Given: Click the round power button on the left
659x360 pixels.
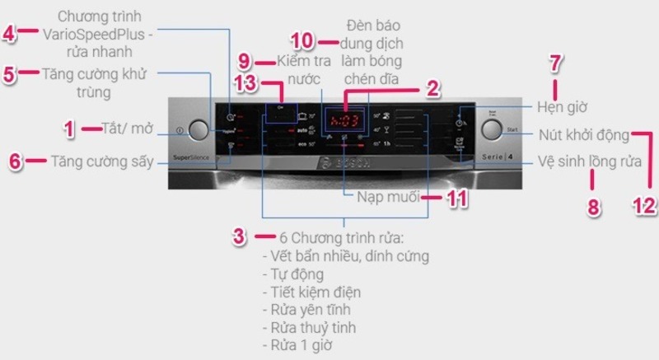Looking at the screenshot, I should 199,130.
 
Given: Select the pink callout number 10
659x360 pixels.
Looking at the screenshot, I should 303,41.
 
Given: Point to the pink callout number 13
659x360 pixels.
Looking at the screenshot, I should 246,83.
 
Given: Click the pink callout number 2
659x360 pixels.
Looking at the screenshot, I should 432,88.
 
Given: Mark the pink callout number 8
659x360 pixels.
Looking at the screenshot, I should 593,205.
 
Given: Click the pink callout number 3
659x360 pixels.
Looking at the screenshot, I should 239,236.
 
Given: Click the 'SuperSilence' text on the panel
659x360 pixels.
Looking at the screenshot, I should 192,156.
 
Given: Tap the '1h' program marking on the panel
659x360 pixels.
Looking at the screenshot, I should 386,144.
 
